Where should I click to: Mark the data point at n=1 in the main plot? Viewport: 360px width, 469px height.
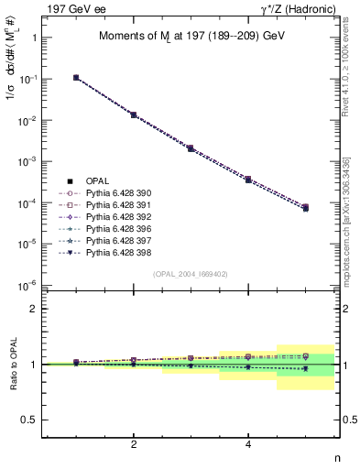(76, 78)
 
